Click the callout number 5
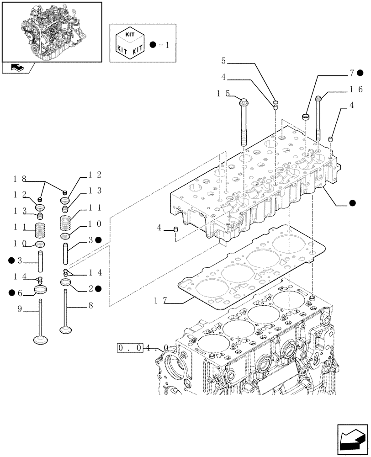223,61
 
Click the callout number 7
352,72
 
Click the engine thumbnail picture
52,32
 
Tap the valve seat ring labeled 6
41,289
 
